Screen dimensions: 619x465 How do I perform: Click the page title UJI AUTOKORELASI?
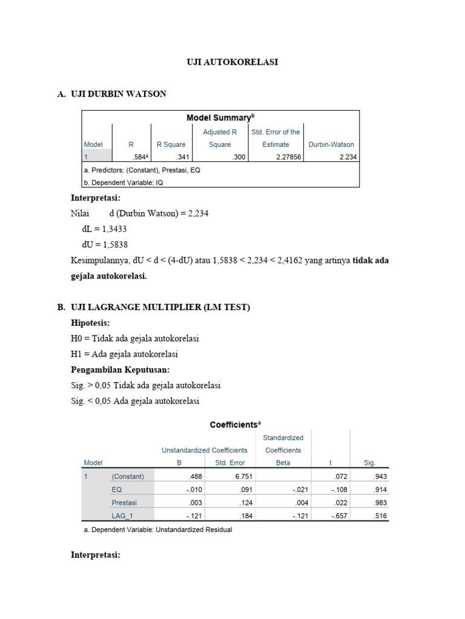coord(232,62)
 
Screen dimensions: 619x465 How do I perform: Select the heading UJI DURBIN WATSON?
coord(119,94)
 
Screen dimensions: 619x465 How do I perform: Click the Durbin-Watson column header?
coord(331,144)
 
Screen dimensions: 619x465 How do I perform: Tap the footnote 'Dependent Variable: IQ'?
coord(124,181)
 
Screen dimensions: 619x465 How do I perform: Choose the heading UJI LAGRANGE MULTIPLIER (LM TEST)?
coord(160,308)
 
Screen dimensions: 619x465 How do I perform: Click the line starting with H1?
coord(124,354)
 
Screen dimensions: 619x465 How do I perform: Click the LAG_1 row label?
coord(124,516)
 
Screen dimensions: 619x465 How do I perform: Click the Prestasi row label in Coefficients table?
coord(125,502)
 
